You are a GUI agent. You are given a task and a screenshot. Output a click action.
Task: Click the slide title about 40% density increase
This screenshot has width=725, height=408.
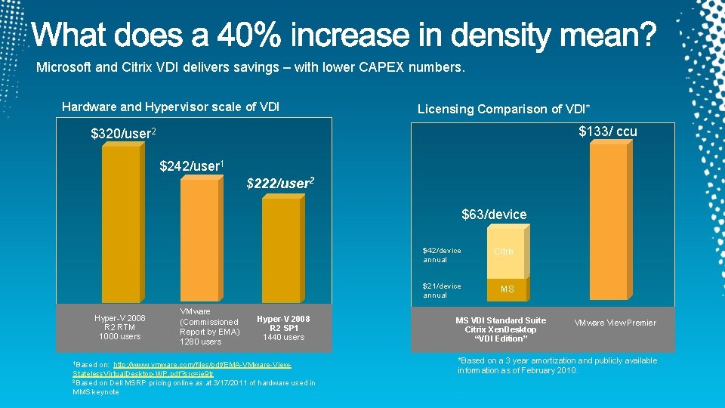coord(344,34)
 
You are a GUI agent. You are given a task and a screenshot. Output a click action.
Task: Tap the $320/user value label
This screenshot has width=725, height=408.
coord(123,134)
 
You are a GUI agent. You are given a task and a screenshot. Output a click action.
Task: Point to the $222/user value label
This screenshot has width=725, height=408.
coord(280,184)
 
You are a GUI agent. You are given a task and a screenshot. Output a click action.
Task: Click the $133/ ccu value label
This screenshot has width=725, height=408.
coord(607,131)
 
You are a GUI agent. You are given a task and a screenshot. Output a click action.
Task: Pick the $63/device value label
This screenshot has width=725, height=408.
coord(494,215)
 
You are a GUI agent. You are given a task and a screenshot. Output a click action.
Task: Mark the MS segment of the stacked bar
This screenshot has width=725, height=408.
coord(506,289)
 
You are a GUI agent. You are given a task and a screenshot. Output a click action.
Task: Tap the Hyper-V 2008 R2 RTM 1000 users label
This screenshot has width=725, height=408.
coord(119,327)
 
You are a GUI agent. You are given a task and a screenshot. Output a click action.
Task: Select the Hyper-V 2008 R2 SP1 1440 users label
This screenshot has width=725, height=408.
coord(283,328)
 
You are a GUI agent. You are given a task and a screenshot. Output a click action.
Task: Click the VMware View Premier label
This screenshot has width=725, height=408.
coord(615,323)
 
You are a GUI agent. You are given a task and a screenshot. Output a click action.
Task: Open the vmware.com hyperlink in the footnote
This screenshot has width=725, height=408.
coord(181,369)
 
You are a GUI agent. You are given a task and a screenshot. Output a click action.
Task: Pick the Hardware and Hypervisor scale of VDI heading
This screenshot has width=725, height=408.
coord(171,107)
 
